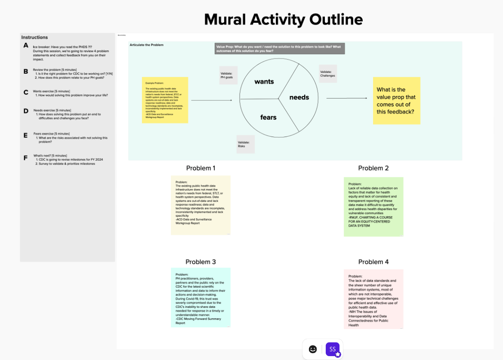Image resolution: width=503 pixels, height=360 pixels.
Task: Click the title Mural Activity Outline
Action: pos(283,19)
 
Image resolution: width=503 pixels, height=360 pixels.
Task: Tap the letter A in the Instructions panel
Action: pos(26,46)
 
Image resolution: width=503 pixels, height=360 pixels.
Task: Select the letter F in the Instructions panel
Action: pos(26,158)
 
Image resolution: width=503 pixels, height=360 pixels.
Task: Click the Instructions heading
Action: pos(34,37)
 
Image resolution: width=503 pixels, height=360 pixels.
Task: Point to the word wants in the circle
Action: pos(264,81)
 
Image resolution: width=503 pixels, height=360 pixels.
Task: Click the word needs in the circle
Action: pos(299,97)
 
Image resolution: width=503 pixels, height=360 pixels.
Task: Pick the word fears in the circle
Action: pos(268,117)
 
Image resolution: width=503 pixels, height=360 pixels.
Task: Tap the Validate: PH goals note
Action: pos(228,75)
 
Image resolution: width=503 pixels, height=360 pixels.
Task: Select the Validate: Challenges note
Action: pos(328,74)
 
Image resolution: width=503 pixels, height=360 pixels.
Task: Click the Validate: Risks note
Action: pos(246,144)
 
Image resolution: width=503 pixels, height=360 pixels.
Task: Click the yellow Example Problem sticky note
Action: pos(165,100)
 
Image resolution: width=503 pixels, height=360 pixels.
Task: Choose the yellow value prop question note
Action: pos(396,101)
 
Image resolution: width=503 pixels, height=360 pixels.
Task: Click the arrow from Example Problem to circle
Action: pos(211,100)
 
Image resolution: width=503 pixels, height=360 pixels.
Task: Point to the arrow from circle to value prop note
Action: pos(343,98)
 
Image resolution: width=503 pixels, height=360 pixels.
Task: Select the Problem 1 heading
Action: pos(201,168)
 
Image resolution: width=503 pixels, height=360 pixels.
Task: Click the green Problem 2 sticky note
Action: pos(373,207)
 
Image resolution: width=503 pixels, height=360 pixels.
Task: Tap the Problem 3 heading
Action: pos(201,262)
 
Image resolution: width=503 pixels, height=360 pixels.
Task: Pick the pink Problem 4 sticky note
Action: pos(373,299)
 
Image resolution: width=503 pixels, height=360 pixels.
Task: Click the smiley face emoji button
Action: pos(313,349)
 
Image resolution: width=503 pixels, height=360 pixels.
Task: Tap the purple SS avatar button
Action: pos(333,349)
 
